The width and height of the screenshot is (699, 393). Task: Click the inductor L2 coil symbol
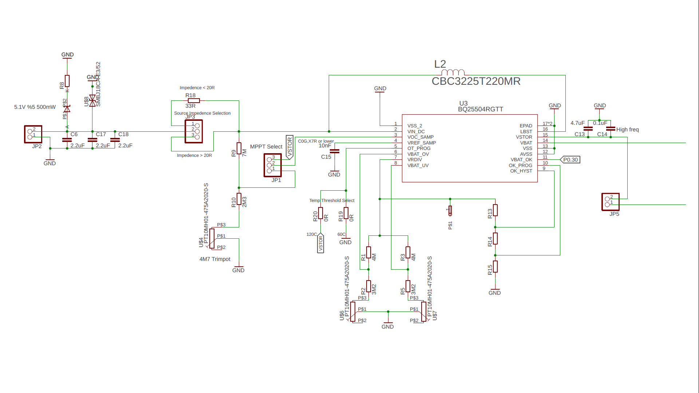[x=453, y=72]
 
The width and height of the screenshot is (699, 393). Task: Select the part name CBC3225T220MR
[x=476, y=81]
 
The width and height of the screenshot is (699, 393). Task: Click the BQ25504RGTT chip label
[x=480, y=109]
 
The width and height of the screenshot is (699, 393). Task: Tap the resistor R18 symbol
[x=194, y=101]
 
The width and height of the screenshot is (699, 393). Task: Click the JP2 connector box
[x=33, y=134]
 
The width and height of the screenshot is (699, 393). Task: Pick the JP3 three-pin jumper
[x=194, y=131]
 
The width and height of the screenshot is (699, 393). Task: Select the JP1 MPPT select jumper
[x=272, y=165]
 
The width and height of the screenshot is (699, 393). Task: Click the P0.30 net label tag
[x=570, y=160]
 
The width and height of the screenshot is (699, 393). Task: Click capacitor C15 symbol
[x=334, y=151]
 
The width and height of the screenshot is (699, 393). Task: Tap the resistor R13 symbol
[x=495, y=210]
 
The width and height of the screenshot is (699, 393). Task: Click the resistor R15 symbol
[x=495, y=267]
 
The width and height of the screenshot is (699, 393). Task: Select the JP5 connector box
[x=610, y=202]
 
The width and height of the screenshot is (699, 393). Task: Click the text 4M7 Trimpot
[x=215, y=259]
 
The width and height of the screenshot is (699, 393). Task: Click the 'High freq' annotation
[x=627, y=130]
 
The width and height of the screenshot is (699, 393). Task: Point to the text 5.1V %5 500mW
[x=35, y=107]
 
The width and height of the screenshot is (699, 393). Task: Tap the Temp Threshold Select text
[x=332, y=201]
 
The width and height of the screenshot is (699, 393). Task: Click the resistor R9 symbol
[x=239, y=148]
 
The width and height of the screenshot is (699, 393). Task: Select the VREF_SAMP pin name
[x=422, y=143]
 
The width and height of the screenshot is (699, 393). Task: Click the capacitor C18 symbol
[x=115, y=140]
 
